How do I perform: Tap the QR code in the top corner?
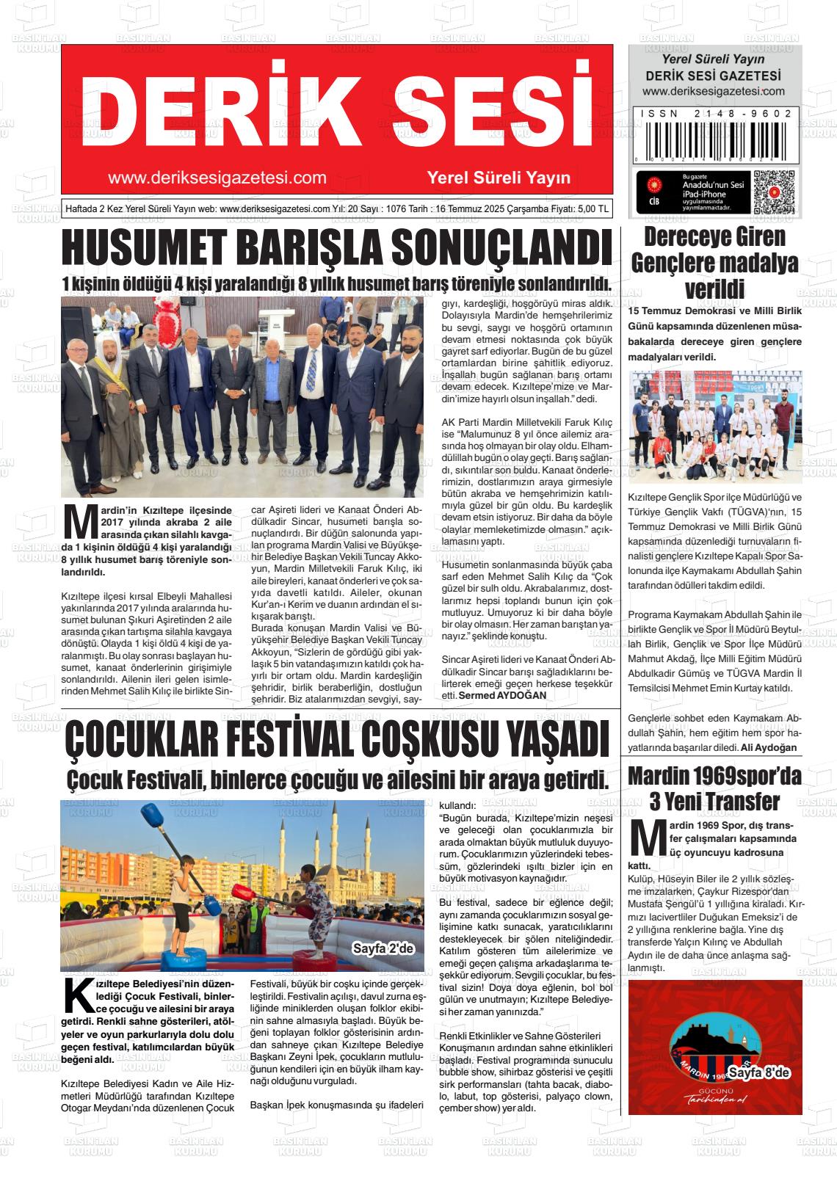tap(774, 192)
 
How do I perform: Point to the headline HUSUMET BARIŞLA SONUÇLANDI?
tap(336, 249)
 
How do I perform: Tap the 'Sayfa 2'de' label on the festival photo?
tap(383, 948)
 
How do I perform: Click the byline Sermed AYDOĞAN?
tap(502, 695)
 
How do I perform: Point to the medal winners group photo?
tap(714, 429)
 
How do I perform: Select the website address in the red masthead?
tap(217, 178)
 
